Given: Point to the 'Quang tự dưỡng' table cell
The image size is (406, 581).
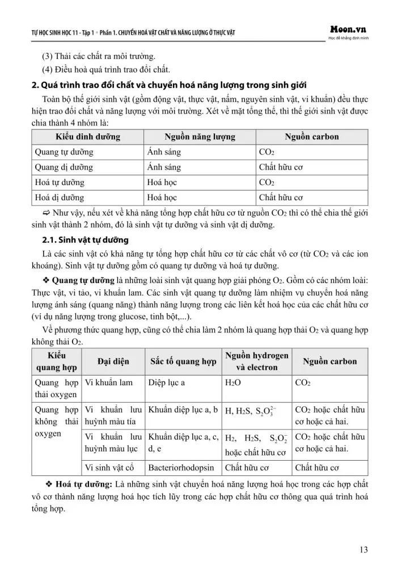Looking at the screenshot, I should point(64,152).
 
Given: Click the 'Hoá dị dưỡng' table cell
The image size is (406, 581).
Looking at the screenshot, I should point(60,198).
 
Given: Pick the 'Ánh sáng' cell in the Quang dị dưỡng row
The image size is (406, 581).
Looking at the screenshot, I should point(164,167).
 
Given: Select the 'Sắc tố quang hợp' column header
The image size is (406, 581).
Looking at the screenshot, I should point(183,361).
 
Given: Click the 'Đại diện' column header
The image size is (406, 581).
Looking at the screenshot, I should point(113,361).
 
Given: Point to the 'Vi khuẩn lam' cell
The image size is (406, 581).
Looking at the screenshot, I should point(108,382).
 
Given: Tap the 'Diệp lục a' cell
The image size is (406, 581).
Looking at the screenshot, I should point(170,382).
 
